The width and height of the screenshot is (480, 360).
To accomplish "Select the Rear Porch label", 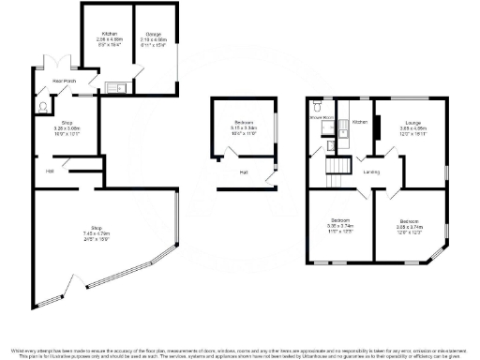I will (64, 82).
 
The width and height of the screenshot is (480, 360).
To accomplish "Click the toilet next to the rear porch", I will (41, 107).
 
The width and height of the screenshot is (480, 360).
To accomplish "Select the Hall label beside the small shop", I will (49, 171).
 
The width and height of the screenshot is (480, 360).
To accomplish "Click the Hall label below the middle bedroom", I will (243, 172).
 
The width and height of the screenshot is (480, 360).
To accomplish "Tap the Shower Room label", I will (322, 117).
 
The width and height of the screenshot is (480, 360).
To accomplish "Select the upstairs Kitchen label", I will (360, 121).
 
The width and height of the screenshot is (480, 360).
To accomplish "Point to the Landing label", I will (371, 172).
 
